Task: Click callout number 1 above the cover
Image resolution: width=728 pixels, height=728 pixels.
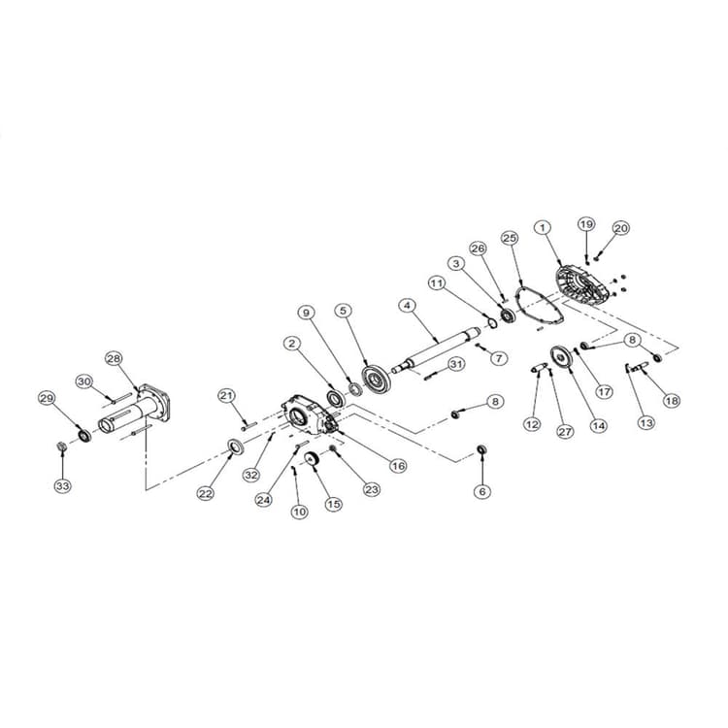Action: [542, 228]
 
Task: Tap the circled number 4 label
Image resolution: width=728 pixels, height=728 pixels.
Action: [408, 305]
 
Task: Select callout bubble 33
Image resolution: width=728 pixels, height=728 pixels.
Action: [63, 485]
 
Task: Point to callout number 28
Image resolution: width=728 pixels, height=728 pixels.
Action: [114, 358]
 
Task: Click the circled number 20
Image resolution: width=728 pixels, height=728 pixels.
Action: [620, 228]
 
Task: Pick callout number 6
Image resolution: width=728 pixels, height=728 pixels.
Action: [482, 491]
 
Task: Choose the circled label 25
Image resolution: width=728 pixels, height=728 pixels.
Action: [510, 238]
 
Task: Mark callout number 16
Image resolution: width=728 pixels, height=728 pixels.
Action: [397, 466]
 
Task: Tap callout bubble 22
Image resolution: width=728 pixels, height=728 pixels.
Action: [206, 493]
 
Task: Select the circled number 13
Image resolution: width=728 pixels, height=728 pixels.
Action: [646, 422]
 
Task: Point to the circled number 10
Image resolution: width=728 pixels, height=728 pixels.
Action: [299, 510]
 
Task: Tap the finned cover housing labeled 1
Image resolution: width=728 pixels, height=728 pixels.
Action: [580, 281]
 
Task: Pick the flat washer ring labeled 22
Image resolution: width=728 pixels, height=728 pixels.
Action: [235, 447]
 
